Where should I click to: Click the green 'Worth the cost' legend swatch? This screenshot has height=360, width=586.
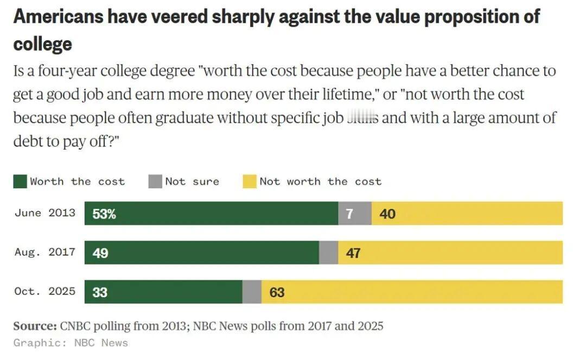point(20,182)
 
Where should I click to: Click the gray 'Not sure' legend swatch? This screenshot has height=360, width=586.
point(155,182)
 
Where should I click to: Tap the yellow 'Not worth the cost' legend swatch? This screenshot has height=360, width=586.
point(249,182)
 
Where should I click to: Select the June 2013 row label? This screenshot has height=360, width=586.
point(45,213)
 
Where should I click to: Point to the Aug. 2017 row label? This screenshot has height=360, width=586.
point(45,252)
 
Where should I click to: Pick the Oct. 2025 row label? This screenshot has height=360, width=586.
point(45,291)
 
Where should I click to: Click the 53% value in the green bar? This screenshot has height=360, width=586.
point(104,214)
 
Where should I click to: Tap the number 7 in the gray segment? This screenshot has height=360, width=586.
point(349,214)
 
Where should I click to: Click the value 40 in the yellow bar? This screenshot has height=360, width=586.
point(387,214)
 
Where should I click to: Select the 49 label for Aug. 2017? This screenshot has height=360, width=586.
point(100,253)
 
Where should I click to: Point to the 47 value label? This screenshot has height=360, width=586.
point(353,253)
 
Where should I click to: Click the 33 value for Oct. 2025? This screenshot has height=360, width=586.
point(100,293)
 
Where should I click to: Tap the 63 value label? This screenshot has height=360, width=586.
point(277,293)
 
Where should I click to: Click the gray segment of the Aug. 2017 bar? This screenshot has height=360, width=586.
point(328,253)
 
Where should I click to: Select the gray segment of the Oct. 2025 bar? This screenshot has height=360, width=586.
point(252,292)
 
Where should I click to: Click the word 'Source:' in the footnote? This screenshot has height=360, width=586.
point(35,326)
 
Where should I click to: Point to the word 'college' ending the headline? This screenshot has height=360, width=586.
point(42,43)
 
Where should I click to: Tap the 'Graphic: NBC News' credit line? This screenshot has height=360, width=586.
point(71,343)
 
